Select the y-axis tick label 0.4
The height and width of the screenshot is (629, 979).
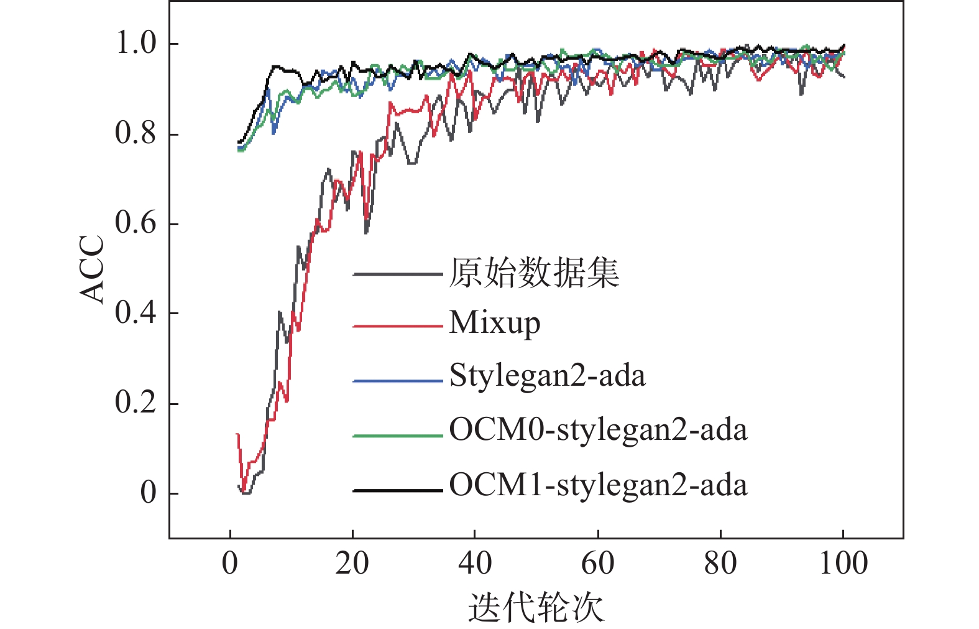tap(136, 312)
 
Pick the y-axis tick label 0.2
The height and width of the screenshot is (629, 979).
tap(136, 402)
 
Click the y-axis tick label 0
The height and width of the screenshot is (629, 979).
tap(149, 492)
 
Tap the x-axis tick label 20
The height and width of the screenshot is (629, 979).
tap(352, 563)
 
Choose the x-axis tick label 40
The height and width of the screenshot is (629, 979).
tap(475, 563)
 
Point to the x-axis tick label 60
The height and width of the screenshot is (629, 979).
tap(597, 563)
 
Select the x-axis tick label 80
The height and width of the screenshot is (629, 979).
tap(720, 563)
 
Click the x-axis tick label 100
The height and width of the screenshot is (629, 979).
tap(843, 563)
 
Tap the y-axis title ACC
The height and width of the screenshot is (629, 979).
tap(93, 269)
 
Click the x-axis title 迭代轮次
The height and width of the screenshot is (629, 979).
tap(536, 607)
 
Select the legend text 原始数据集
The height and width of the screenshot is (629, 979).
tap(535, 273)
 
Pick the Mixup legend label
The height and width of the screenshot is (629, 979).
tap(495, 324)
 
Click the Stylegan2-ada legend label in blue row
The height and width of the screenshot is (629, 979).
tap(548, 376)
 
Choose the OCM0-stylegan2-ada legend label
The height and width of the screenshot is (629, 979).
tap(598, 430)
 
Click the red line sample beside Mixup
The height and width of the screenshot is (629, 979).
tap(397, 325)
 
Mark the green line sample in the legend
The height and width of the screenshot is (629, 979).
tap(397, 436)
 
